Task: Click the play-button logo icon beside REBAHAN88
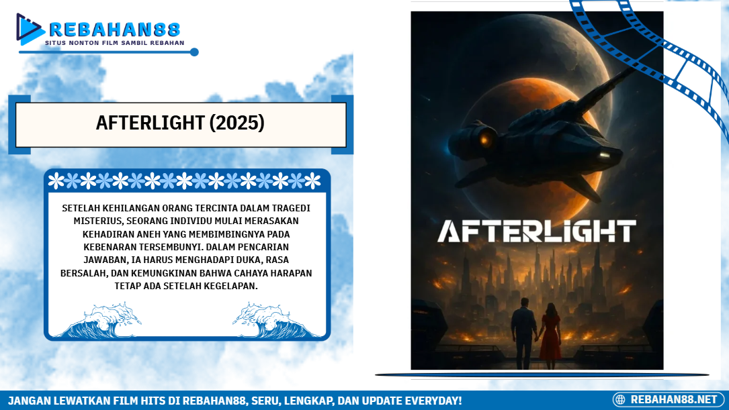pos(30,29)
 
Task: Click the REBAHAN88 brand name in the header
pos(114,30)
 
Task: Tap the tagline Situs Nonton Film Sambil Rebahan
pos(114,43)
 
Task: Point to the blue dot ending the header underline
pos(194,52)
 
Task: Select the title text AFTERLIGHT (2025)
pos(180,123)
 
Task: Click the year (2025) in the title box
pos(237,123)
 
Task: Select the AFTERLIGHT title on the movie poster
pos(537,232)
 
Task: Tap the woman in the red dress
pos(550,336)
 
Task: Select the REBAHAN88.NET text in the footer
pos(674,400)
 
